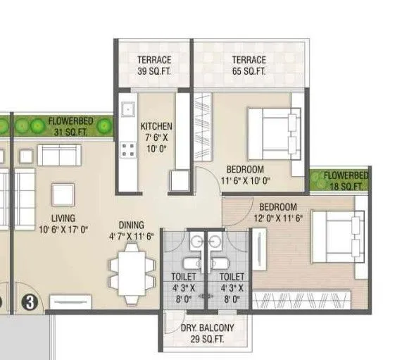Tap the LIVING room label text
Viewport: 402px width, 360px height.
pyautogui.click(x=63, y=218)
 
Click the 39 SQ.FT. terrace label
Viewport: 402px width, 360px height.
pyautogui.click(x=153, y=66)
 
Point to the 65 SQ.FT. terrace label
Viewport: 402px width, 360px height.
pyautogui.click(x=249, y=66)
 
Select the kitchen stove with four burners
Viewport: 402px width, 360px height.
pyautogui.click(x=129, y=150)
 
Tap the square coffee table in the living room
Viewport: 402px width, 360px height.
pyautogui.click(x=62, y=194)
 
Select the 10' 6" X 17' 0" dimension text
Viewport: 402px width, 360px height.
pyautogui.click(x=63, y=229)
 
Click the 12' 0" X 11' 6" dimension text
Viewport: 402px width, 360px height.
pyautogui.click(x=289, y=218)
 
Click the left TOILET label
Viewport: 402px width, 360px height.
pyautogui.click(x=183, y=287)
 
